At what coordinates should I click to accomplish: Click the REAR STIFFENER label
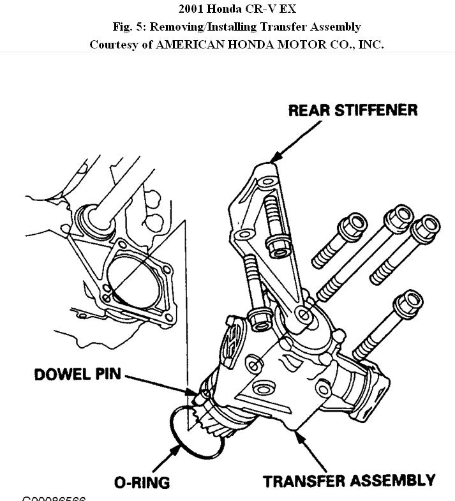click(x=352, y=110)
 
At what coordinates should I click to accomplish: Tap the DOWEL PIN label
click(x=78, y=374)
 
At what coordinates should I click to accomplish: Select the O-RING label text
click(x=142, y=482)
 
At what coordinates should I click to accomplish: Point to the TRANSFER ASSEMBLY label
click(x=349, y=480)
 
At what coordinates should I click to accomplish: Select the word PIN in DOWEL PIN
click(x=109, y=374)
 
